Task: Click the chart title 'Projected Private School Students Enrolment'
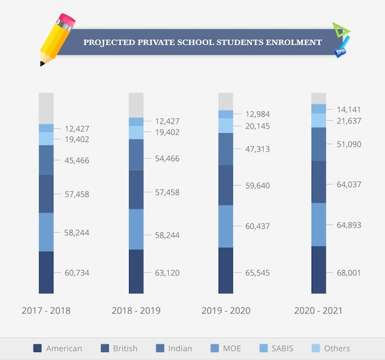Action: [x=202, y=42]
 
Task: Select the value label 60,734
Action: [x=77, y=272]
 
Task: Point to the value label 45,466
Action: [x=77, y=160]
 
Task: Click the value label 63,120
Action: [x=167, y=272]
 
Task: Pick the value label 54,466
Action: [x=167, y=159]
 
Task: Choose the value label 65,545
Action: [x=258, y=272]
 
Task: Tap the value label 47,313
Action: [x=258, y=150]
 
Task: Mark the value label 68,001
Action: [x=348, y=272]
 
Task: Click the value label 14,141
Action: [x=348, y=110]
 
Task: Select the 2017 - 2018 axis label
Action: [x=46, y=310]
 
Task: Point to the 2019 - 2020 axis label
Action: [x=226, y=310]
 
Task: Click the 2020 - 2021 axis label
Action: [x=318, y=310]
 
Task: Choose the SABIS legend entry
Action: [x=283, y=348]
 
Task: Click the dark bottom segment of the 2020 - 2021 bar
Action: [x=319, y=269]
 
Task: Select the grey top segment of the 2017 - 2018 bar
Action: [x=46, y=108]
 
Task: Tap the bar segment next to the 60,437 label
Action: [x=225, y=226]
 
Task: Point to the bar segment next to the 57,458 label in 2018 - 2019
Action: [x=136, y=189]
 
